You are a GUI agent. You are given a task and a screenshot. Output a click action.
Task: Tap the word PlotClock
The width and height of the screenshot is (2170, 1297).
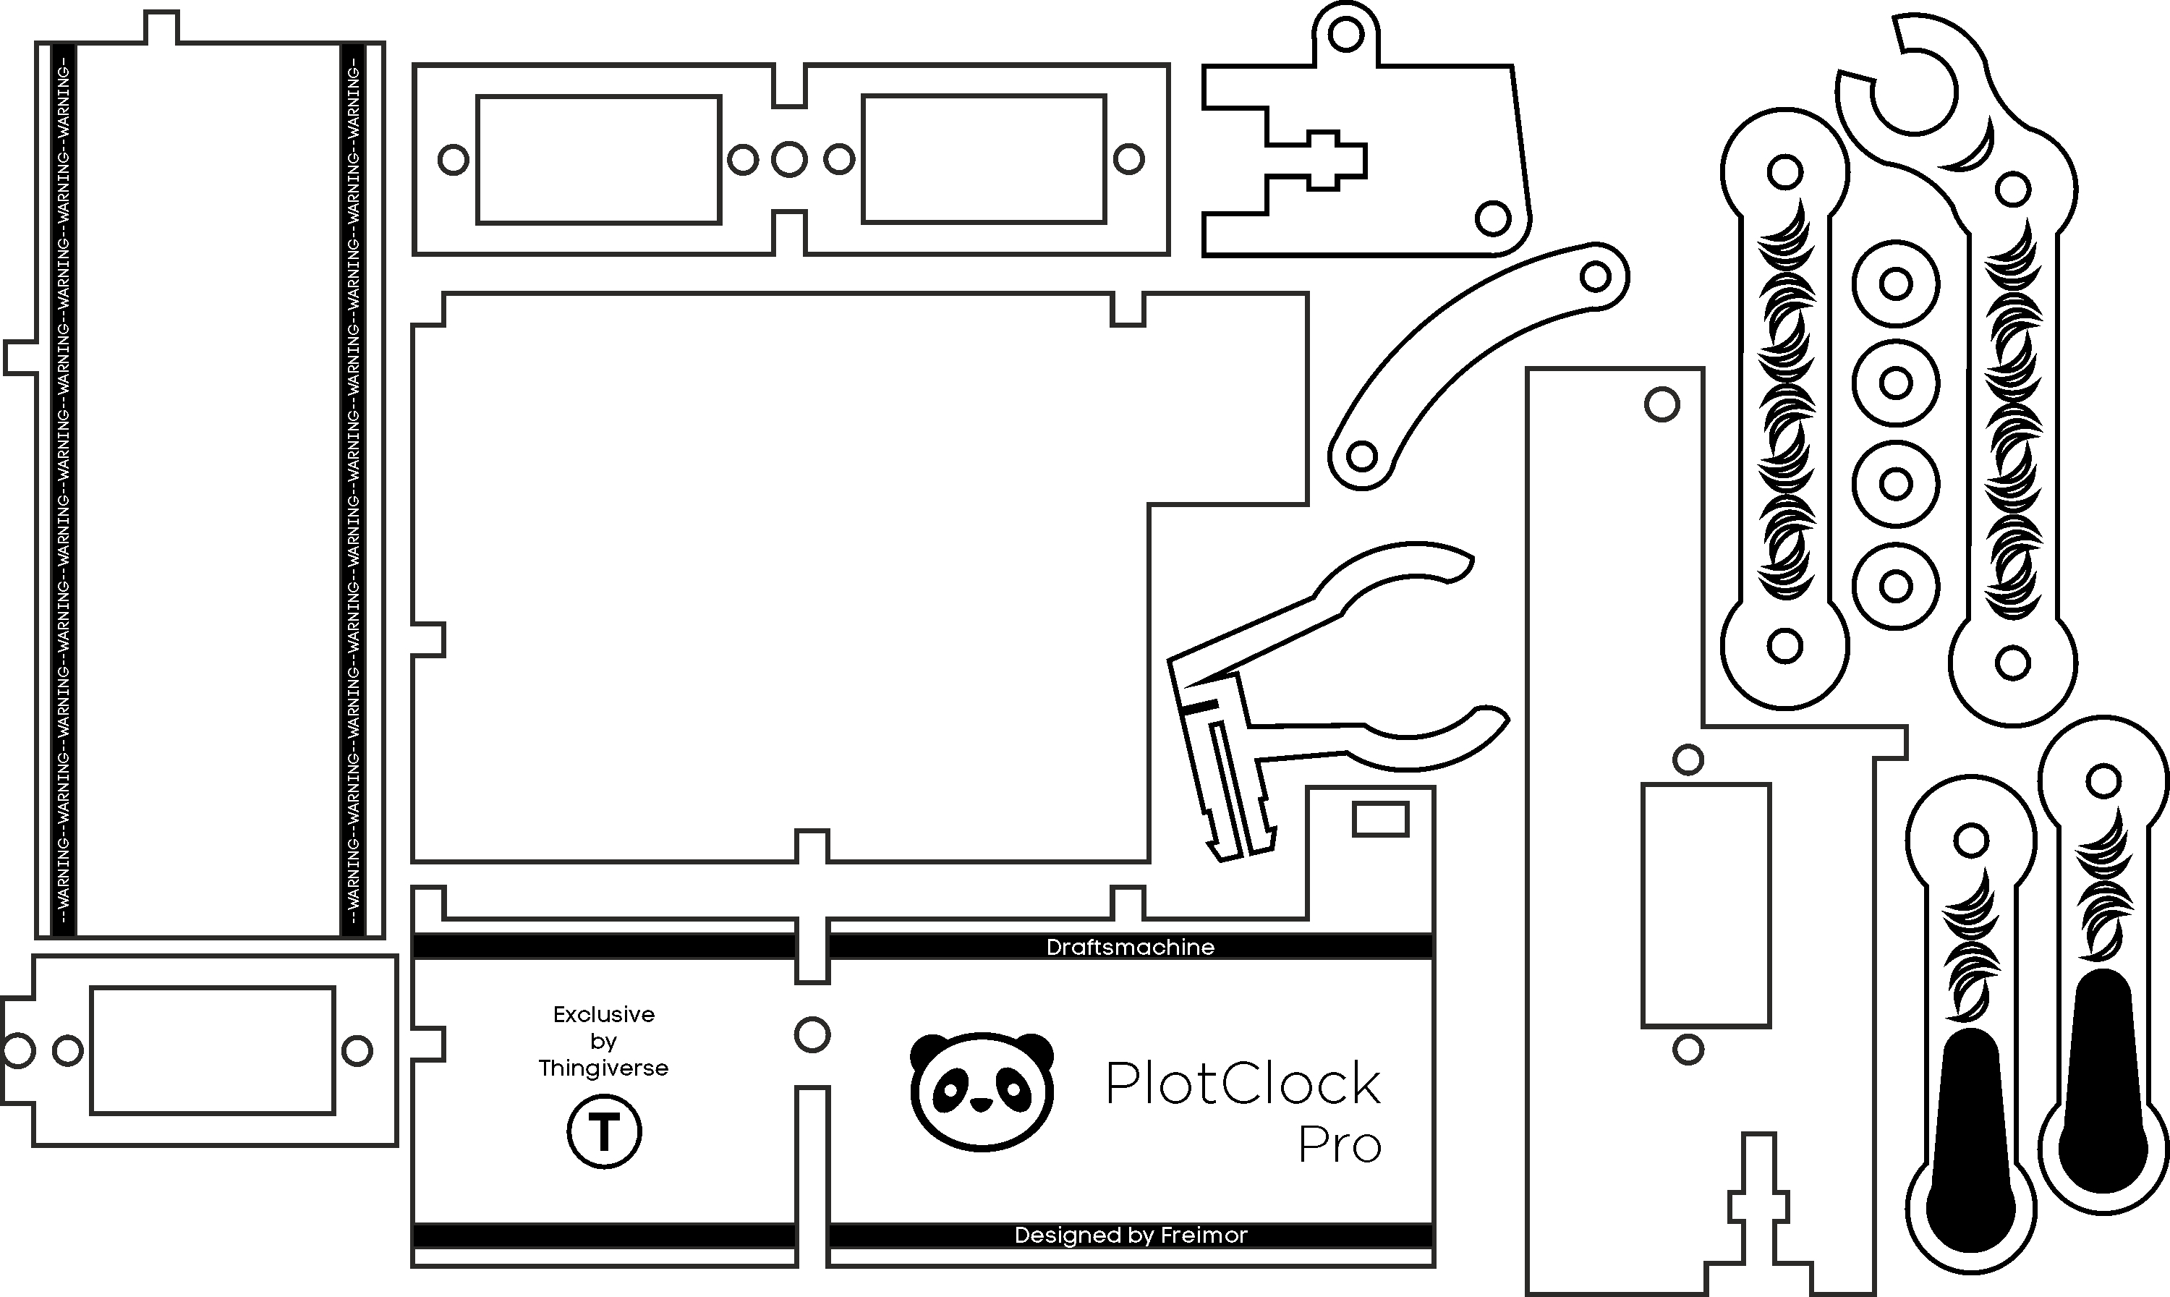pyautogui.click(x=1243, y=1084)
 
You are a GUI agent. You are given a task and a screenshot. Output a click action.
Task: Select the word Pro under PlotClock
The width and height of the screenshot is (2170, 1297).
pyautogui.click(x=1339, y=1146)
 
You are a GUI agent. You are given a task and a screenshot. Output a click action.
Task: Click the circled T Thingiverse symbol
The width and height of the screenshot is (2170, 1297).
pyautogui.click(x=604, y=1133)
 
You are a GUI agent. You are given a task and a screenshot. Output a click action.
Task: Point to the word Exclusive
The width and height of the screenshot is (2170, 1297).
pyautogui.click(x=604, y=1015)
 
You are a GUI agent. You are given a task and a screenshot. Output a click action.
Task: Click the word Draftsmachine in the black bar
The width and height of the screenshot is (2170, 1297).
pyautogui.click(x=1130, y=948)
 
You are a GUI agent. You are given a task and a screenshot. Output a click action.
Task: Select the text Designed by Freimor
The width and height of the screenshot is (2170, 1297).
pyautogui.click(x=1130, y=1235)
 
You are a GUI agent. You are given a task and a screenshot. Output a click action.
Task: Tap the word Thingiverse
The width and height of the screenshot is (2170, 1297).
pyautogui.click(x=604, y=1068)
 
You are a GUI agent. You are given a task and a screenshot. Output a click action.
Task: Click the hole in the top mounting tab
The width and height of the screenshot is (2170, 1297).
pyautogui.click(x=1346, y=35)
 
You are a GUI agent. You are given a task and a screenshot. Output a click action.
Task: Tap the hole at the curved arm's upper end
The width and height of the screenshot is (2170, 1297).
pyautogui.click(x=1596, y=277)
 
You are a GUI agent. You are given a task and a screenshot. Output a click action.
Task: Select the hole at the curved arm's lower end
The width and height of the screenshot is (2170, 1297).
pyautogui.click(x=1361, y=455)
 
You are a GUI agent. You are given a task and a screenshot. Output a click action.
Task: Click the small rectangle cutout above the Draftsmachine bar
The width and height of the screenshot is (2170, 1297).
pyautogui.click(x=1380, y=820)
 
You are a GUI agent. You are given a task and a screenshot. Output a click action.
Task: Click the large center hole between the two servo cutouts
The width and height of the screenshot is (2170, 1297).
pyautogui.click(x=789, y=159)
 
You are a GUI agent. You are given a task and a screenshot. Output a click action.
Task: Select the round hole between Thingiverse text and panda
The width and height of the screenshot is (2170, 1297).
pyautogui.click(x=812, y=1035)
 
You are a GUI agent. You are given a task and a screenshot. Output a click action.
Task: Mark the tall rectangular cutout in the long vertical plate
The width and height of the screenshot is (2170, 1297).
pyautogui.click(x=1706, y=905)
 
